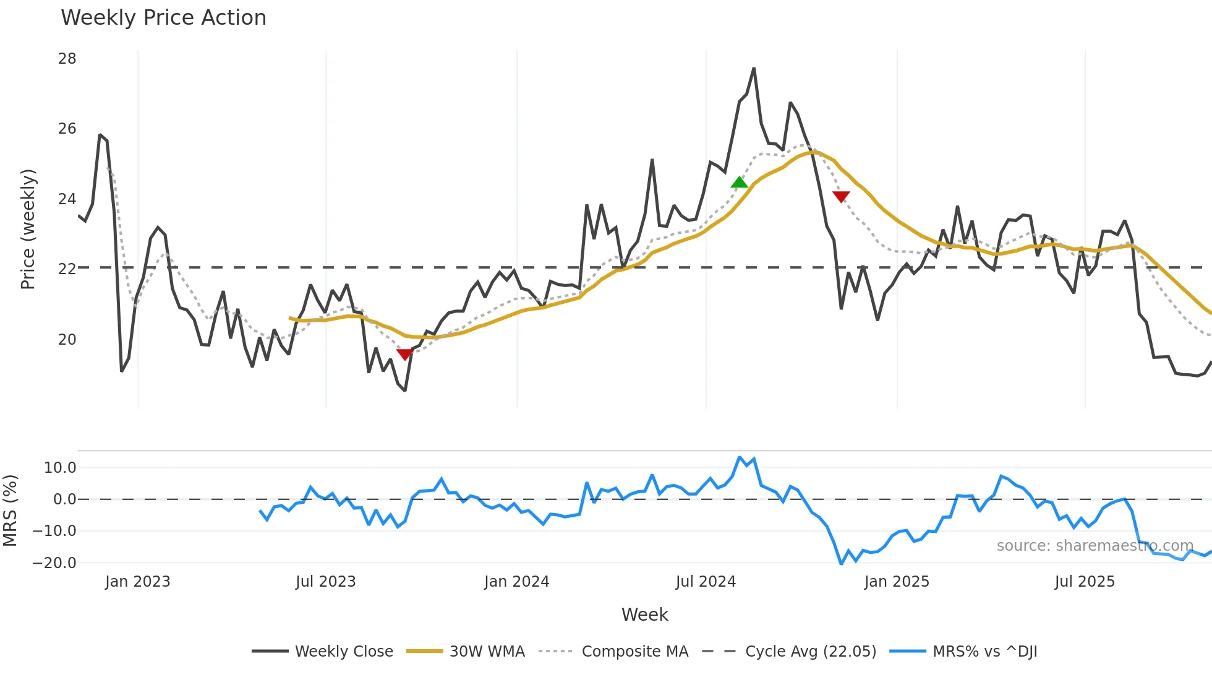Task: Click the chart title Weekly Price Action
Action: point(163,18)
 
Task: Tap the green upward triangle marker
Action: point(739,183)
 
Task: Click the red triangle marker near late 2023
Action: point(404,354)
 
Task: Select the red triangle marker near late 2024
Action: point(841,196)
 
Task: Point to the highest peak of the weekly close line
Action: point(754,69)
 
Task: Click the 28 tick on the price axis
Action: point(67,59)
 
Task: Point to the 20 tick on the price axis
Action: point(67,340)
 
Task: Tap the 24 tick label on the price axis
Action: point(67,199)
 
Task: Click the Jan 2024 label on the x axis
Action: point(516,582)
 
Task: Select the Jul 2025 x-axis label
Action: point(1085,582)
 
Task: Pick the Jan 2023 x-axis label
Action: point(137,582)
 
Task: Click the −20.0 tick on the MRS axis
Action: point(54,563)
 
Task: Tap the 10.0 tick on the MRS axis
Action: point(60,468)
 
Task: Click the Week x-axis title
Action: point(644,615)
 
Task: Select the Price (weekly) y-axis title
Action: point(28,229)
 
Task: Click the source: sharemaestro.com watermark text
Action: point(1095,546)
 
